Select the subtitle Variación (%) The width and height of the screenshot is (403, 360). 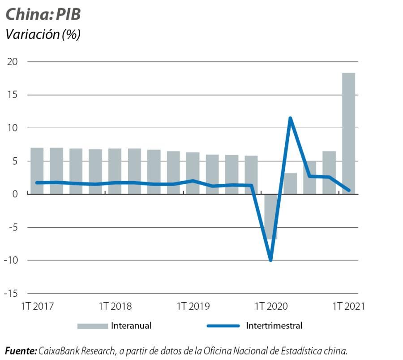coord(43,34)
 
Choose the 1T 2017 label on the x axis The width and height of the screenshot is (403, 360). coord(38,306)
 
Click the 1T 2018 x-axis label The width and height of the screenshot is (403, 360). coord(116,306)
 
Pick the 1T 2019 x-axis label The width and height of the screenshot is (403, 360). coord(193,306)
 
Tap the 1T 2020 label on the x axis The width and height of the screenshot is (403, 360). coord(271,306)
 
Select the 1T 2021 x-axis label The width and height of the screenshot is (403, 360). coord(349,306)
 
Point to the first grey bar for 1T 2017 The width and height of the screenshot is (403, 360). coord(37,171)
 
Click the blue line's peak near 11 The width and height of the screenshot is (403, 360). coord(290,118)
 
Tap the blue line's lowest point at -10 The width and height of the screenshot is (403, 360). coord(270,260)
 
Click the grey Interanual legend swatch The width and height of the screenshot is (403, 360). coord(92,326)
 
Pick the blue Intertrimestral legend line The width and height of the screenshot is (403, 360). coord(223,326)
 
